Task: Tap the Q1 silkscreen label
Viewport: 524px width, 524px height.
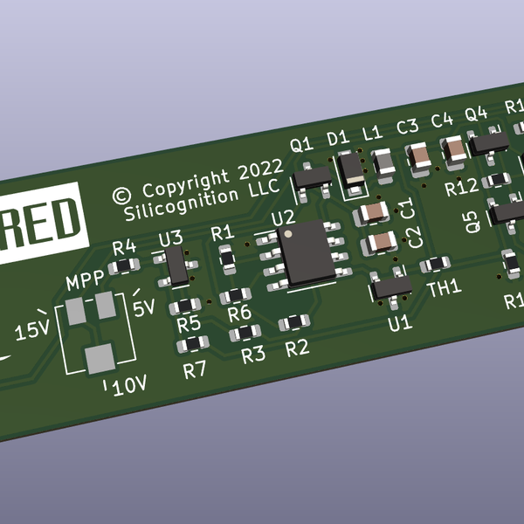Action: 301,145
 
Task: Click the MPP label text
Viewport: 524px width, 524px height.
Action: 86,281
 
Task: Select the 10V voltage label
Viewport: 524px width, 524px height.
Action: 129,384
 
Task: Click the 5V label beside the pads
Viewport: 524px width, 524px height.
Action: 143,307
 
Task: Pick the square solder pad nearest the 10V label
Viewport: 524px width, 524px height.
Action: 100,358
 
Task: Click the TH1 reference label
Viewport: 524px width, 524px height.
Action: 444,288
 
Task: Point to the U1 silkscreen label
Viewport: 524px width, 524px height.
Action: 399,323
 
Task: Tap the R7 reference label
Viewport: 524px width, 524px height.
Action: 195,369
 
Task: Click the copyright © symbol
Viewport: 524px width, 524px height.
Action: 122,193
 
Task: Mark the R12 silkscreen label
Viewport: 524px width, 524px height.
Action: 460,187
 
